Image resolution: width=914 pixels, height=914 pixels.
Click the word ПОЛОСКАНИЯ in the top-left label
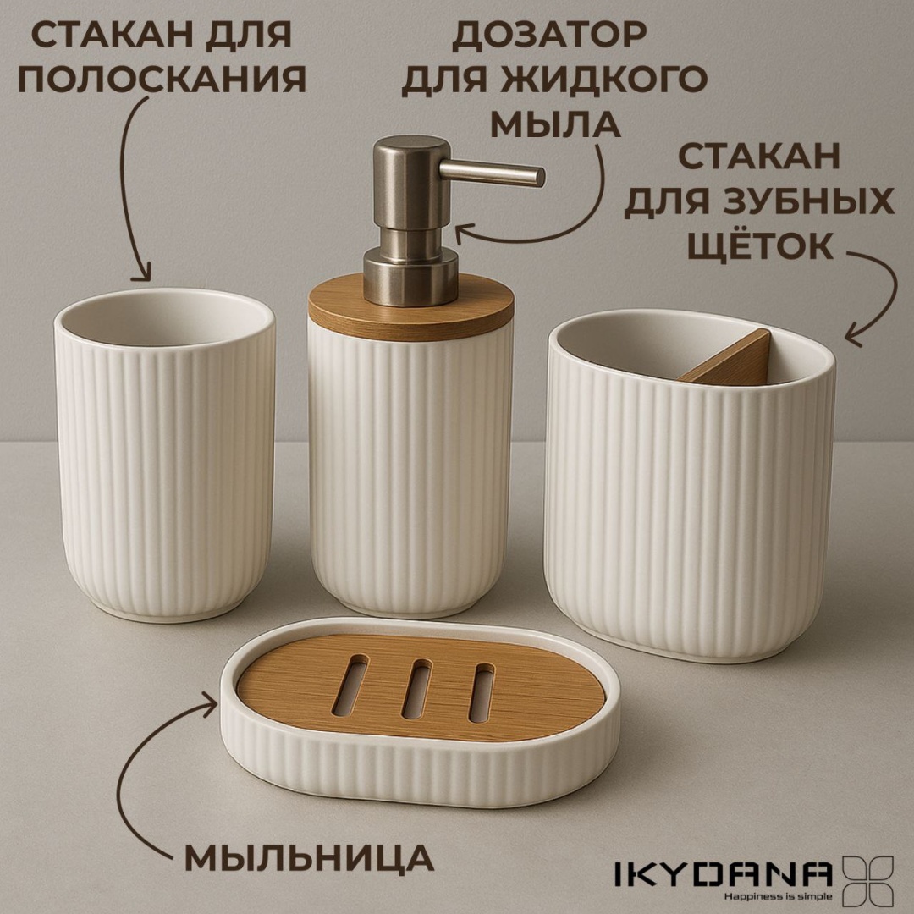pos(162,79)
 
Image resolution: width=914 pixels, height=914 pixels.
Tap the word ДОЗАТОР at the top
pos(548,35)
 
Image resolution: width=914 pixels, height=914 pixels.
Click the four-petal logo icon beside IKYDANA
pos(868,881)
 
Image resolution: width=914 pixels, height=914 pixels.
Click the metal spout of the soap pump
pos(492,173)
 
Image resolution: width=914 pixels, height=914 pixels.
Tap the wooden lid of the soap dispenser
pos(411,307)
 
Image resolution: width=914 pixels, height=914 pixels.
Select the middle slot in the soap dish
pos(416,688)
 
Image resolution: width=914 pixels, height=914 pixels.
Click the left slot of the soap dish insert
pos(350,685)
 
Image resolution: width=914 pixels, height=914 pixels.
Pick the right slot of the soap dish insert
pos(482,692)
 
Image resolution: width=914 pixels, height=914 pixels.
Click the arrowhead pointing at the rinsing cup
pos(141,273)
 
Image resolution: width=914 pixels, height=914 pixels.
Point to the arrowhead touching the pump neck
pos(464,234)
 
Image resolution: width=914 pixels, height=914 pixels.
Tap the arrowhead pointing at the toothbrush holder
pos(854,336)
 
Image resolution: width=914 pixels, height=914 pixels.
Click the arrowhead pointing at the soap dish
pos(209,703)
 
